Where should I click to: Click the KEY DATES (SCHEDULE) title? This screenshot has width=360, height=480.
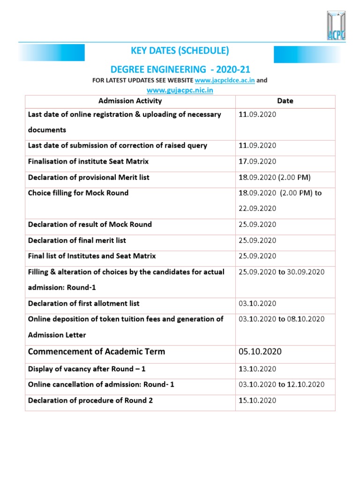(180, 50)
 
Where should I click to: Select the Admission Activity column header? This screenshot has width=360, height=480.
(130, 101)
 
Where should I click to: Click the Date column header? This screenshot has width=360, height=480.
(285, 101)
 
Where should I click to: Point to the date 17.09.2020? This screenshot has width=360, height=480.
(257, 161)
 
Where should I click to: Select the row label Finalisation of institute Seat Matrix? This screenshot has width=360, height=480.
(88, 161)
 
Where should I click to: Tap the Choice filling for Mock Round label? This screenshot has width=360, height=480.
(78, 193)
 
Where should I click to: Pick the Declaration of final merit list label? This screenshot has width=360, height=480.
(77, 240)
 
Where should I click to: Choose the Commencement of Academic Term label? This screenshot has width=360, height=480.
(97, 352)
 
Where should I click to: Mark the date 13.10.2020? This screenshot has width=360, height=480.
(257, 369)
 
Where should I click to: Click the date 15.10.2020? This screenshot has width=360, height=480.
(257, 400)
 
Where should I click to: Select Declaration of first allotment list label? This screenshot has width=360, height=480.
(83, 303)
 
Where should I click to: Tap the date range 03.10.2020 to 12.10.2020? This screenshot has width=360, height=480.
(281, 384)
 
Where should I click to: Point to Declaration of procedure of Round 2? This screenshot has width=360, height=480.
(90, 400)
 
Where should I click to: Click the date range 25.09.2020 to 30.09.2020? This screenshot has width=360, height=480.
(281, 272)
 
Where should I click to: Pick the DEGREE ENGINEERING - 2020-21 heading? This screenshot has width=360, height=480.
(180, 69)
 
